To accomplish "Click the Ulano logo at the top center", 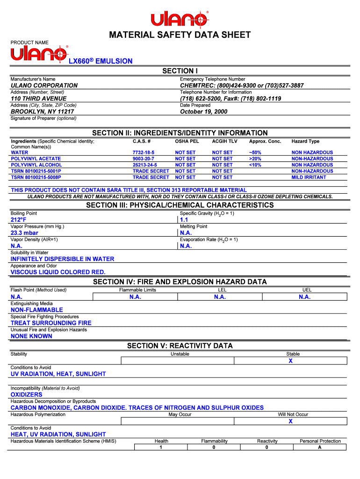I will point(180,19).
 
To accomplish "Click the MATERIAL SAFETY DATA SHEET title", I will point(180,35).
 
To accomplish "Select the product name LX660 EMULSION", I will point(101,61).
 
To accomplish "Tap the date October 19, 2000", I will point(203,112).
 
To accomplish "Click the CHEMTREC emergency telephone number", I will point(242,86).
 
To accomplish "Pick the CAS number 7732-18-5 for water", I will point(143,152).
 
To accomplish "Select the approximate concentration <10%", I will point(255,165).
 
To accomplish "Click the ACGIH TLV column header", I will point(225,141).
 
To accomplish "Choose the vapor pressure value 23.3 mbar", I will point(24,233).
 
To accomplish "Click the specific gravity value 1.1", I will point(184,220).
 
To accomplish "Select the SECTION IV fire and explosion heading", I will point(180,282).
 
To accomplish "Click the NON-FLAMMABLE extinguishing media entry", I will point(36,310).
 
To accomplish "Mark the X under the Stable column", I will point(290,361).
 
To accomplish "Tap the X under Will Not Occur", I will point(290,421).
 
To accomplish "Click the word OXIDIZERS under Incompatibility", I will point(27,395).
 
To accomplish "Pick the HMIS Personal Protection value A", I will point(320,448).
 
